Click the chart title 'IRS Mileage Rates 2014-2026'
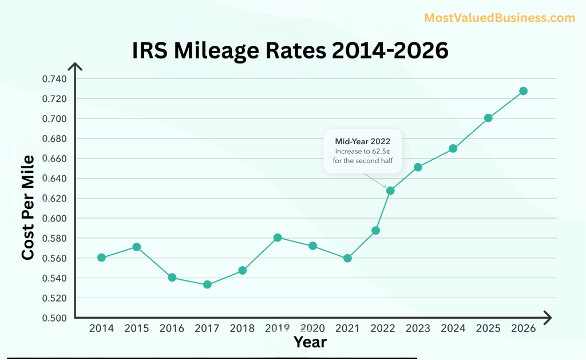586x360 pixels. [x=290, y=50]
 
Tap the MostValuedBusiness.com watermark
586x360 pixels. [x=500, y=18]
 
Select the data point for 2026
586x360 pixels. [x=523, y=91]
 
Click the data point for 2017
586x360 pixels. [x=207, y=284]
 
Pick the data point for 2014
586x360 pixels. [x=101, y=258]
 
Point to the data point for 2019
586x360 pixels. [x=278, y=238]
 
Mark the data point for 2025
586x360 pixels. [x=488, y=118]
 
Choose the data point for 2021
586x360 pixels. [x=347, y=258]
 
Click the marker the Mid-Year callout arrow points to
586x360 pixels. [x=390, y=191]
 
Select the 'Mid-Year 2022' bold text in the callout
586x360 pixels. [x=362, y=141]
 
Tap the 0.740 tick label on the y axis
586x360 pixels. [x=54, y=79]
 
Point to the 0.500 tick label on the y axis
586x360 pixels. [x=54, y=318]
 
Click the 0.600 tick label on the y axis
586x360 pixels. [x=54, y=219]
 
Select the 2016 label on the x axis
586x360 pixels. [x=172, y=329]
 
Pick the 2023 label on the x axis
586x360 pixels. [x=418, y=329]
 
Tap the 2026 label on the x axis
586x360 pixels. [x=523, y=329]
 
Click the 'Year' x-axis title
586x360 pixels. [x=310, y=342]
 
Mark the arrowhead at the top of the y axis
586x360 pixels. [x=76, y=67]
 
